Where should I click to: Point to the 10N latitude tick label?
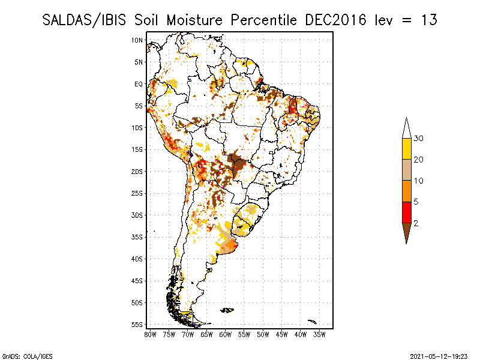pos(137,40)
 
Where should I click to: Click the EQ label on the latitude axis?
pos(139,84)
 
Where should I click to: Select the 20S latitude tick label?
pos(137,171)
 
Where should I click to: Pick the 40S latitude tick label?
pos(137,259)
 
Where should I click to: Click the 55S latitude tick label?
pos(137,324)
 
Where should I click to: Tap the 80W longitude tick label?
pos(150,334)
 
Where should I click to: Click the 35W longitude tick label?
pos(320,334)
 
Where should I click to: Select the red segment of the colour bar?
pos(406,212)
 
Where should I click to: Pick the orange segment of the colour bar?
pos(406,191)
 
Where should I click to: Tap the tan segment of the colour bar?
pos(406,170)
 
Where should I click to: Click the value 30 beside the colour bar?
pos(419,139)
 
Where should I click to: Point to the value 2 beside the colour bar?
pos(416,223)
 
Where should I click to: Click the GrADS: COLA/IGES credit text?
pos(20,355)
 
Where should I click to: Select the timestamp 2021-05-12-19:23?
pos(440,355)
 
